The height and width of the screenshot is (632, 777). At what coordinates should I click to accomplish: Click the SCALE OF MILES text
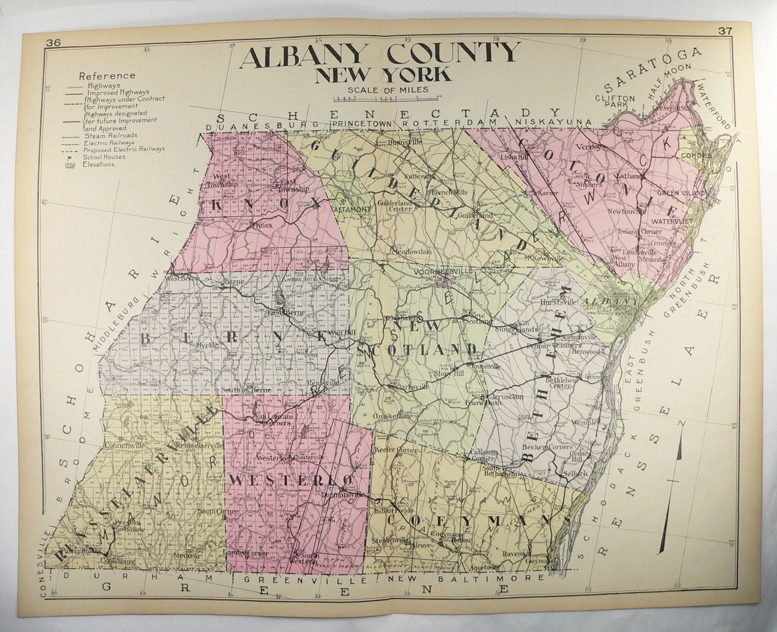click(x=388, y=89)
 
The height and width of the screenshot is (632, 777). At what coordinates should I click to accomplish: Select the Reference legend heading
click(x=107, y=76)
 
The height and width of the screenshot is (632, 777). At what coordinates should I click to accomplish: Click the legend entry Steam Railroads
click(x=111, y=135)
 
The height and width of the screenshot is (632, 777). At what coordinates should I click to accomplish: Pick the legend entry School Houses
click(x=104, y=157)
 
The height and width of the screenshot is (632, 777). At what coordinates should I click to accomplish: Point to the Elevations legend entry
click(x=98, y=164)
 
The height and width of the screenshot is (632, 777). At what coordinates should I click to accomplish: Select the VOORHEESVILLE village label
click(x=437, y=271)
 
